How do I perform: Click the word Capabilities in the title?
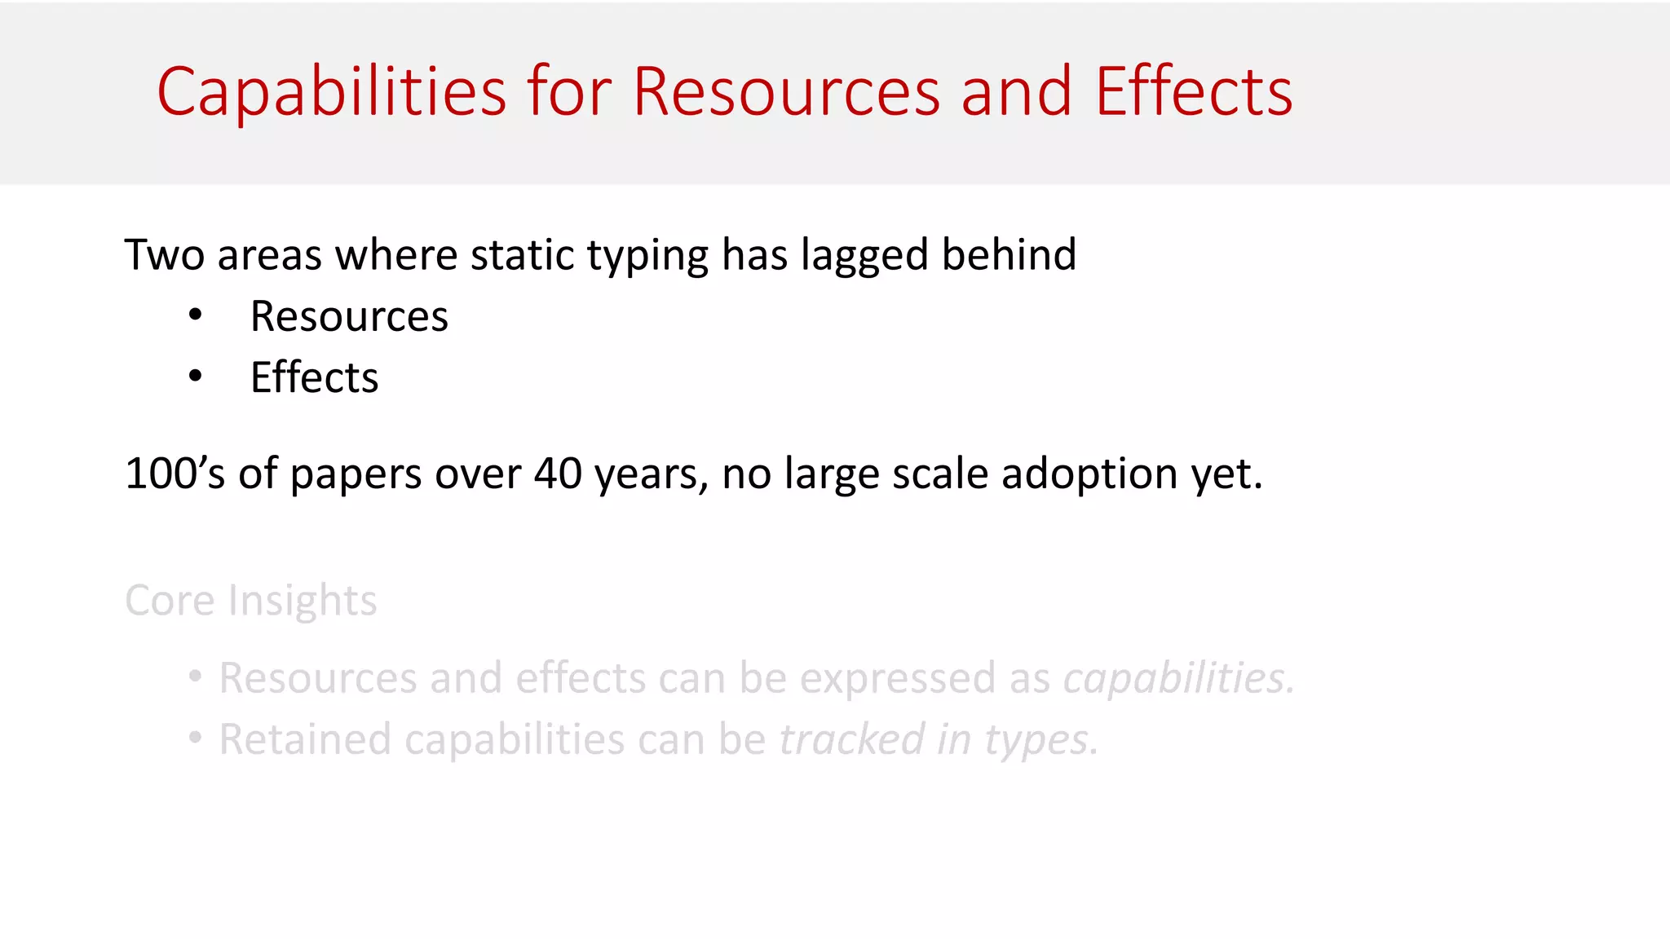pos(331,91)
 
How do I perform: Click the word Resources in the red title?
pos(786,91)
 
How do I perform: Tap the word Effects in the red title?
pos(1193,91)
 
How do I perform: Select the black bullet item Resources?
pos(349,316)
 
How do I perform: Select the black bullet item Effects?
pos(314,377)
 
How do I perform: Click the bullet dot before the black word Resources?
pos(195,315)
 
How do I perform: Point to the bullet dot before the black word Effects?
pos(195,377)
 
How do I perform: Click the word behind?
pos(1009,255)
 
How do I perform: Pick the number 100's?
pos(174,474)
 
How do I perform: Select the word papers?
pos(356,474)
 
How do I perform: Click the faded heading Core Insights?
pos(250,601)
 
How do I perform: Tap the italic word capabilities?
pos(1177,678)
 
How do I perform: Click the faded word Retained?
pos(305,739)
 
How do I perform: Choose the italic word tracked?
pos(851,739)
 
